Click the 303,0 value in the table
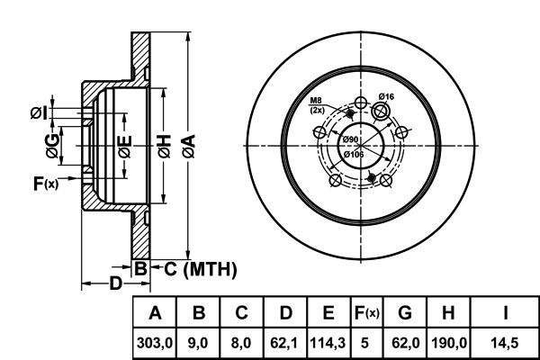point(154,343)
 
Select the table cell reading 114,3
point(328,343)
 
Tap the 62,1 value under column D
point(284,343)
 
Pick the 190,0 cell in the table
point(449,343)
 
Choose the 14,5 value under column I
point(505,343)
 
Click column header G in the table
point(405,312)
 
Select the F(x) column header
point(367,313)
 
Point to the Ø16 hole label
point(386,96)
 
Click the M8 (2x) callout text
point(317,105)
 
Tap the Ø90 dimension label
point(350,139)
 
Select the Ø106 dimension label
point(354,154)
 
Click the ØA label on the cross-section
point(189,146)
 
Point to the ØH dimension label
point(165,146)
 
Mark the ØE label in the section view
point(125,147)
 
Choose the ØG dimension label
point(52,146)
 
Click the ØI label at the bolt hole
point(39,113)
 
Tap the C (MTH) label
point(201,269)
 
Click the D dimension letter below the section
point(116,283)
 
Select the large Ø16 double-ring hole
point(381,112)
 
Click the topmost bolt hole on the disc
point(361,103)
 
